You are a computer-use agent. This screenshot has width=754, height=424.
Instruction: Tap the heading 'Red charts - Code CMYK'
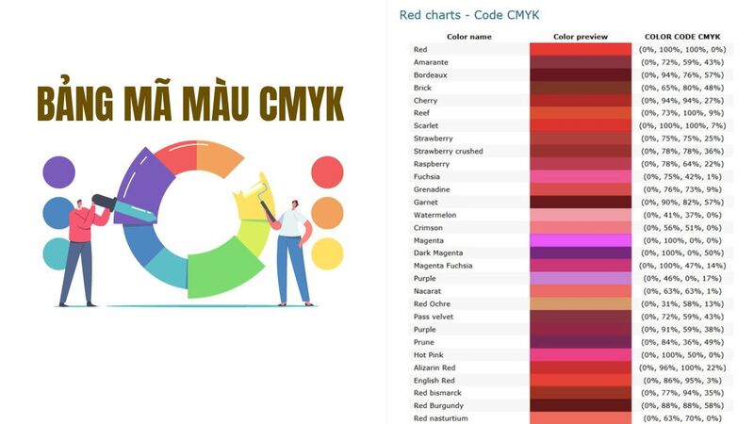point(469,15)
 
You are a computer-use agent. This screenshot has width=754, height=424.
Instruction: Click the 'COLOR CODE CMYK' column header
point(682,37)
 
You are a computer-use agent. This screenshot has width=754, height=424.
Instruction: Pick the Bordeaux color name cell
point(430,74)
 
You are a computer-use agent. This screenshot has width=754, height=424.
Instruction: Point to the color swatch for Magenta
point(581,240)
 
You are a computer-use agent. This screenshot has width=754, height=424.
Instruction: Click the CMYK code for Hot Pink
point(682,354)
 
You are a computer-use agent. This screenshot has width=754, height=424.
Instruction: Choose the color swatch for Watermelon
point(581,215)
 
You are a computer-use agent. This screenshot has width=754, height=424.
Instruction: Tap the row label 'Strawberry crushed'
point(448,151)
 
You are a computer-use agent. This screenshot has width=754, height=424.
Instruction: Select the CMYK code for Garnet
point(682,202)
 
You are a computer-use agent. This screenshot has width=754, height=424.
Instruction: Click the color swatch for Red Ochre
point(581,303)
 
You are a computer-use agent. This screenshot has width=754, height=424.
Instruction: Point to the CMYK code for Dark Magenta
point(682,253)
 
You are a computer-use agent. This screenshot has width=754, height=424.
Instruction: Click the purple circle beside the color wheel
point(58,172)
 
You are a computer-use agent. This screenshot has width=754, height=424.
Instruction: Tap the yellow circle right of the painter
point(327,253)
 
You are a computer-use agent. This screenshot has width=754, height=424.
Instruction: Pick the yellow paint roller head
point(249,194)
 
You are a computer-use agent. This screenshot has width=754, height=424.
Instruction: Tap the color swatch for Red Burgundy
point(581,405)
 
